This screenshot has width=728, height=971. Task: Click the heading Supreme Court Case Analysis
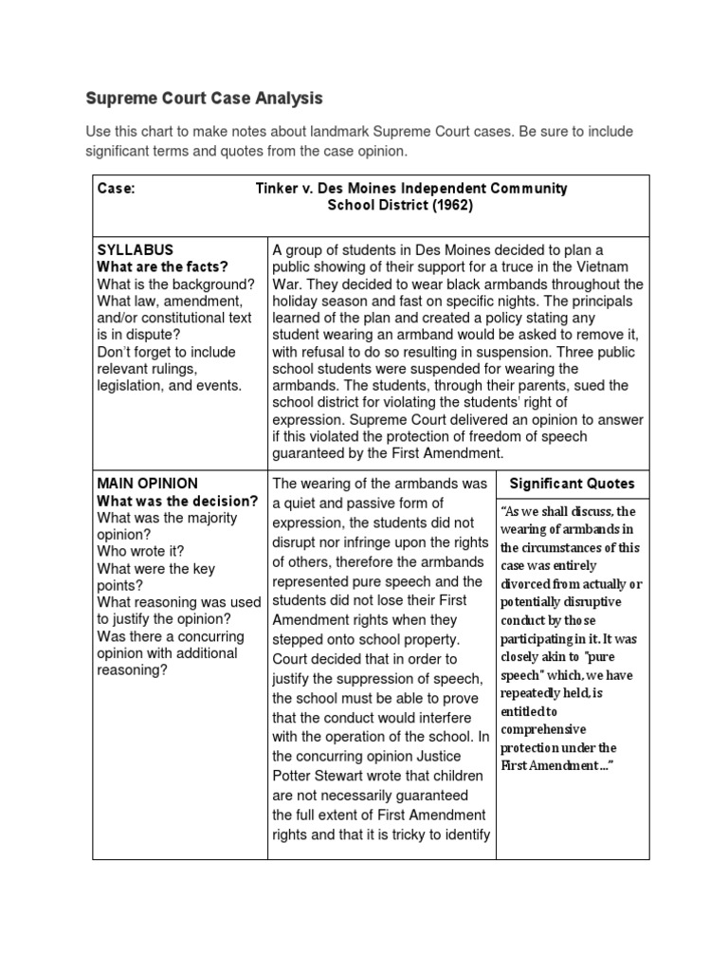pyautogui.click(x=205, y=98)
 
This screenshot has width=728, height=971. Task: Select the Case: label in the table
pyautogui.click(x=117, y=188)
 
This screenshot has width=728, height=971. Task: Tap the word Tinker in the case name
pyautogui.click(x=276, y=188)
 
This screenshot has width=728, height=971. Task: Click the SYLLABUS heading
pyautogui.click(x=136, y=249)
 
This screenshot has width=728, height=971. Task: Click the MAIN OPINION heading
pyautogui.click(x=148, y=484)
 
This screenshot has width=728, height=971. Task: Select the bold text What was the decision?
pyautogui.click(x=178, y=501)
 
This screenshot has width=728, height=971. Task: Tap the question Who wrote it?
pyautogui.click(x=141, y=551)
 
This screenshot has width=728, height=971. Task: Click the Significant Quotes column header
pyautogui.click(x=572, y=484)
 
